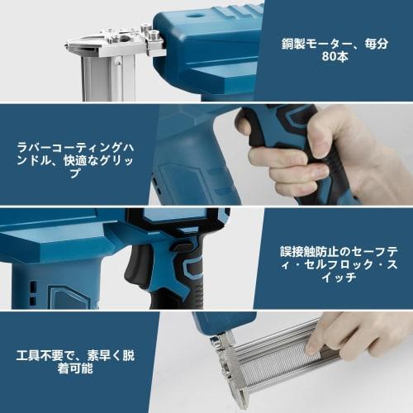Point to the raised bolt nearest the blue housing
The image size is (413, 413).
pos(153,34)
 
